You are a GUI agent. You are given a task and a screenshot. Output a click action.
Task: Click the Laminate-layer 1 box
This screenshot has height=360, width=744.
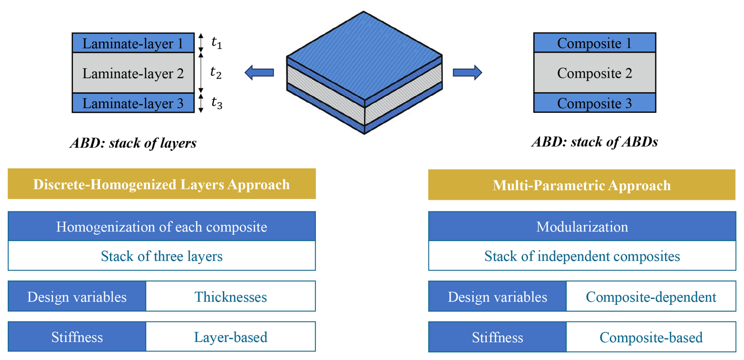(133, 43)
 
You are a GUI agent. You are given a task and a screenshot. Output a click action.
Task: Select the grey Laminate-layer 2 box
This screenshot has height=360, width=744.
(133, 73)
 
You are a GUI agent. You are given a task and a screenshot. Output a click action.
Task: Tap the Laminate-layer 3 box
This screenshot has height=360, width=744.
(133, 103)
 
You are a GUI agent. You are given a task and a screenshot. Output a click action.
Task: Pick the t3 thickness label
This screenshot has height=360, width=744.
(217, 103)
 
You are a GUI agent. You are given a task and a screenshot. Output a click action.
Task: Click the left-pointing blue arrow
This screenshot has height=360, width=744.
(259, 73)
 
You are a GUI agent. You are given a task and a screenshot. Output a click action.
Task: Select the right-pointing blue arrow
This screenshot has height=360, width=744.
(468, 73)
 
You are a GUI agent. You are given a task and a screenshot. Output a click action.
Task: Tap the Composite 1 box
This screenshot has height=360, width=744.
(595, 43)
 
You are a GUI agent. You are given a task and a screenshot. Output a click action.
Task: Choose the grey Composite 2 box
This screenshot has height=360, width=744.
(595, 73)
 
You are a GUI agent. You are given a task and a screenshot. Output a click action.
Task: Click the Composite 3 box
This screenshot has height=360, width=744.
(595, 103)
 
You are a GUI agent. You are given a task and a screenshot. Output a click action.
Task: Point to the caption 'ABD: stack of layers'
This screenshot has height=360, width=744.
(133, 143)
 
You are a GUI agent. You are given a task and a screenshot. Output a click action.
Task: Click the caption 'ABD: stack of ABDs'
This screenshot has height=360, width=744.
(595, 142)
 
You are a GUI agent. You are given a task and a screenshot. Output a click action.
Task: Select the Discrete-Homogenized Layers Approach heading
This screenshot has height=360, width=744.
(162, 184)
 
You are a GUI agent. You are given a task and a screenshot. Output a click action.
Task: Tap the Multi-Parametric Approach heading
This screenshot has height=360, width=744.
(582, 185)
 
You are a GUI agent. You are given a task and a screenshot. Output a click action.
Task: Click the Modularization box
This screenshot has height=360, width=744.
(582, 226)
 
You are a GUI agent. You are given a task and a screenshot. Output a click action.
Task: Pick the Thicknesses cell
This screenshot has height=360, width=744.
(231, 296)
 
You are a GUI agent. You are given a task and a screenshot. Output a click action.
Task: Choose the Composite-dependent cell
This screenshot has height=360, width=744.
(651, 296)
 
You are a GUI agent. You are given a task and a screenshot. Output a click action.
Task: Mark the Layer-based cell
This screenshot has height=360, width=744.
(231, 337)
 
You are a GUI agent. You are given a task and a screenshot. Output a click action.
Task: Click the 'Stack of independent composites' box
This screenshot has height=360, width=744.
(582, 256)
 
